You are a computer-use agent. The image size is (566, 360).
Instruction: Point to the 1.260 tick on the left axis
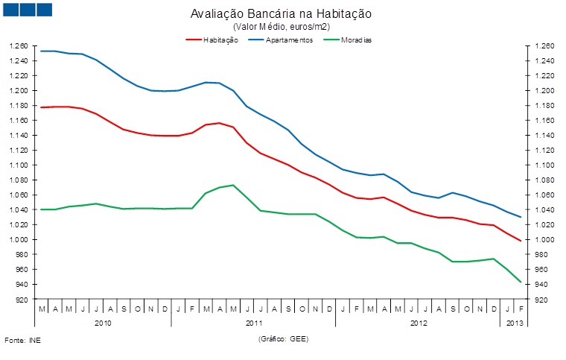click(19, 46)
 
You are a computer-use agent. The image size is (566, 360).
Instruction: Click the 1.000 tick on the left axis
click(19, 240)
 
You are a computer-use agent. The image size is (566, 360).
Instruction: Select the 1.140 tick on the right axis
click(542, 136)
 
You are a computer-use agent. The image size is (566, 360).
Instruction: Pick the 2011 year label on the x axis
click(253, 323)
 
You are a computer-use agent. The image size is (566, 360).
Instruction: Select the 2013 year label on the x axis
click(513, 323)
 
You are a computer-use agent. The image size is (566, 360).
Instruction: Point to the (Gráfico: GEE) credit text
click(283, 339)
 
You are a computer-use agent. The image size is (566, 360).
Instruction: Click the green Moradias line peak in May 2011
click(233, 185)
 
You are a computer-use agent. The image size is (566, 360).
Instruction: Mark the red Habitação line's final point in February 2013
click(520, 241)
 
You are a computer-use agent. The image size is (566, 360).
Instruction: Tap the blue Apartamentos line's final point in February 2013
click(520, 217)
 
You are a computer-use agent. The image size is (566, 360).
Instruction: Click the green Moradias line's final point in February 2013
click(520, 282)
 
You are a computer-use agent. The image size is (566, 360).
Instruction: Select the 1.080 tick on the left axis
click(19, 180)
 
